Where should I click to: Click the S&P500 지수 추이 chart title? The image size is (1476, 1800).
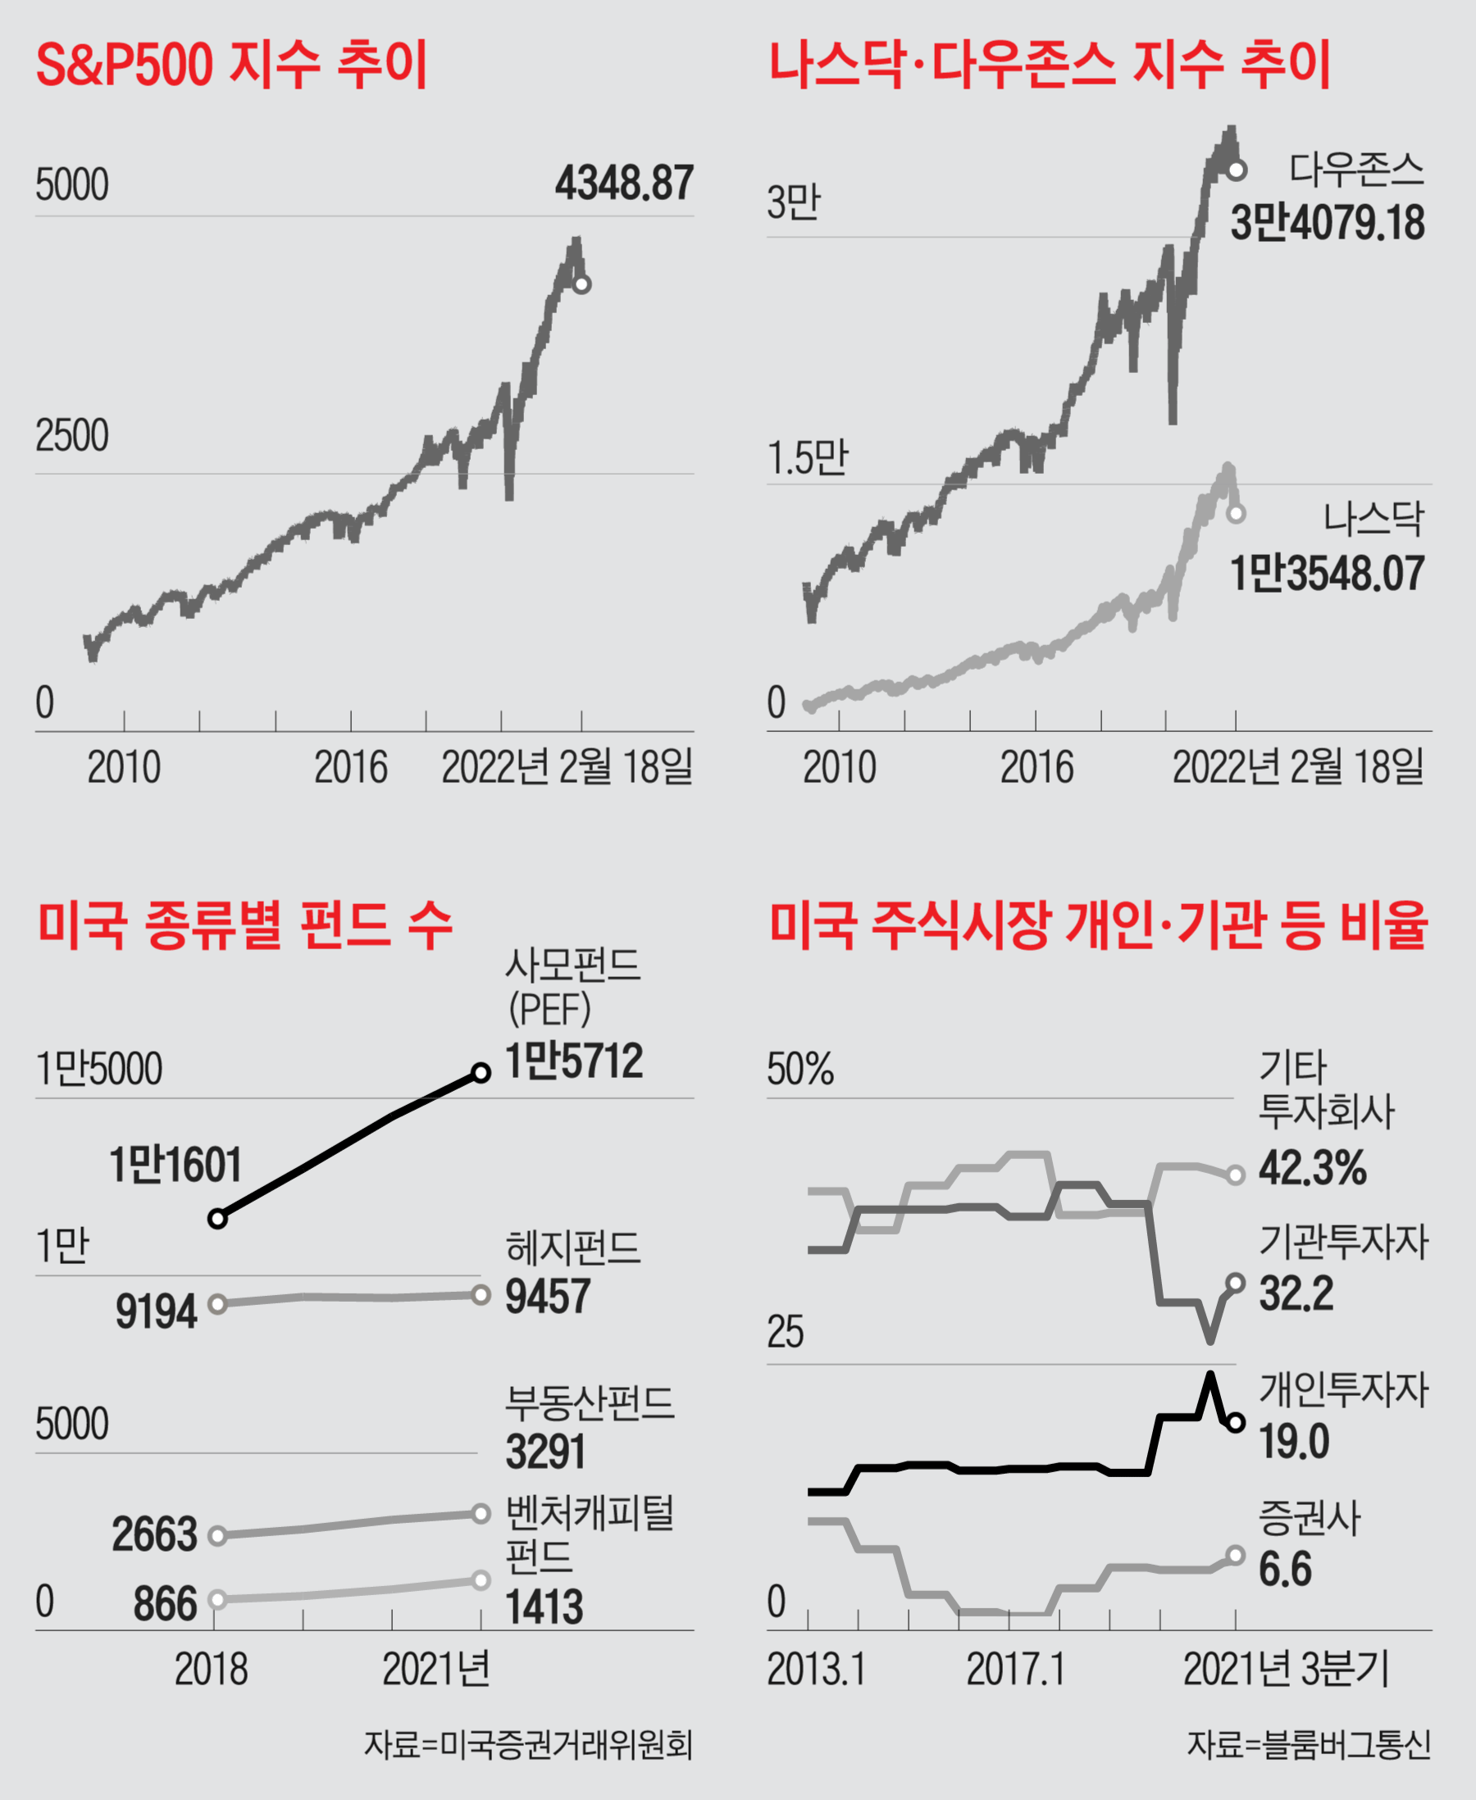(231, 65)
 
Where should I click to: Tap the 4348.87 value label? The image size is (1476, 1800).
(624, 183)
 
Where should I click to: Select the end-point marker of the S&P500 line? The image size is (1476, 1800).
(581, 284)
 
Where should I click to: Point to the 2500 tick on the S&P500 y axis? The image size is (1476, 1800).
(72, 436)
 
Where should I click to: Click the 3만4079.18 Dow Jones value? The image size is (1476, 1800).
(1328, 223)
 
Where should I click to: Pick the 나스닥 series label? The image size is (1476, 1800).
(1373, 518)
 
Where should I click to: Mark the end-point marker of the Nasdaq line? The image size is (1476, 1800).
(1237, 513)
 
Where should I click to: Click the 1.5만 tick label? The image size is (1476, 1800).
(808, 458)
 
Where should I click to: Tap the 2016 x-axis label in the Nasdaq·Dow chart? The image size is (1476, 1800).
(1036, 767)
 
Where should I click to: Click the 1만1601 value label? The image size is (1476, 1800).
(176, 1165)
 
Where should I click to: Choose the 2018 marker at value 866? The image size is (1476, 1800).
(217, 1599)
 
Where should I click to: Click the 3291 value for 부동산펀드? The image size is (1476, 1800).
(545, 1452)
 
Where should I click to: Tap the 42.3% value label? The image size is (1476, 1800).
(1312, 1168)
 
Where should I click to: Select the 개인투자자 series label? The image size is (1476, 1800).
(1343, 1390)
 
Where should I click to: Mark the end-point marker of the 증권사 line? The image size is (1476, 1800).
(1237, 1555)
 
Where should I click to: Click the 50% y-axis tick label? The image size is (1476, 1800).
(800, 1069)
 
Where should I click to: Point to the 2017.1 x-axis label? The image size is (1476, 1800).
(1015, 1669)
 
